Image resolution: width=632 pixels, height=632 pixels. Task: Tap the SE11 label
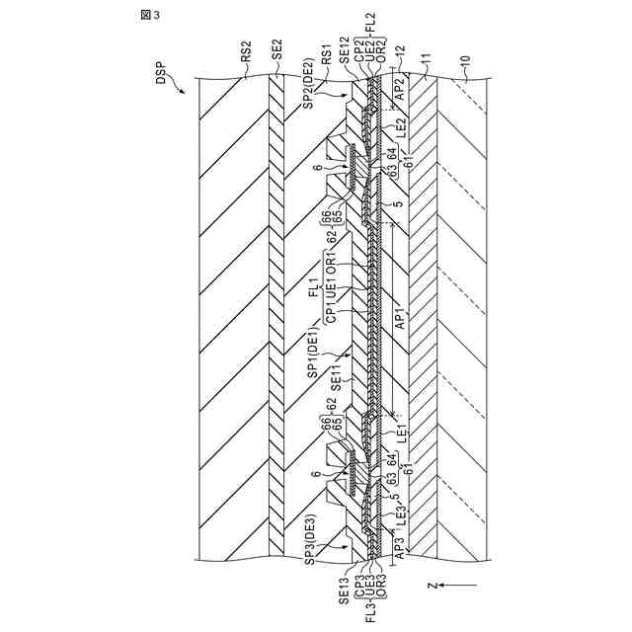(x=336, y=368)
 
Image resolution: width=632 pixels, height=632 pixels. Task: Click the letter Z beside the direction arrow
(x=432, y=586)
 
